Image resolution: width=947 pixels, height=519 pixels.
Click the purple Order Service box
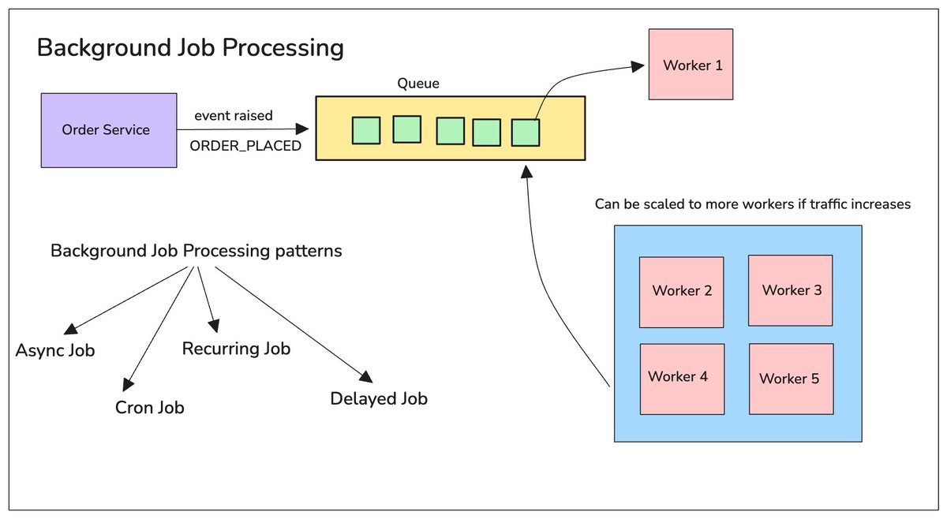click(x=109, y=130)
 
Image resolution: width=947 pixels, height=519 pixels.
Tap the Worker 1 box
click(x=691, y=64)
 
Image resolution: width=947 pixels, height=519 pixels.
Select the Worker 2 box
click(x=682, y=292)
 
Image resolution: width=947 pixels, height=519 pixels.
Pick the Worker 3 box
click(x=791, y=290)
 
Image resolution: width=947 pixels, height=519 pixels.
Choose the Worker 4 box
click(x=683, y=379)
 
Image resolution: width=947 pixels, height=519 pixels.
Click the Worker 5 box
click(x=792, y=379)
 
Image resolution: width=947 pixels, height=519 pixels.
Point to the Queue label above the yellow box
click(x=418, y=84)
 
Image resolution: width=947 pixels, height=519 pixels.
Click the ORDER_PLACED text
click(x=245, y=146)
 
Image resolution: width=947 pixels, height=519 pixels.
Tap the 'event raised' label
click(x=234, y=115)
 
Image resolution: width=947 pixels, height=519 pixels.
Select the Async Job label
click(x=55, y=350)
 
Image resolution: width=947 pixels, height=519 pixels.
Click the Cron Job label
click(x=150, y=408)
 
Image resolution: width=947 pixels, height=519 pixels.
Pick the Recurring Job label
click(x=236, y=349)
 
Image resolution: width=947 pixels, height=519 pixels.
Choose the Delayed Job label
click(x=379, y=398)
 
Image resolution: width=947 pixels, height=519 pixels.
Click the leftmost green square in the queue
click(x=366, y=131)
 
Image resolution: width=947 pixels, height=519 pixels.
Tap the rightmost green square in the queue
click(x=526, y=133)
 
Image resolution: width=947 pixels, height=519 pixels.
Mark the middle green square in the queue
click(x=451, y=131)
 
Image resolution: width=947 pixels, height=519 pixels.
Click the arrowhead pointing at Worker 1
click(x=638, y=66)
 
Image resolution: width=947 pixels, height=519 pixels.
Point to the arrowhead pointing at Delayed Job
click(x=366, y=376)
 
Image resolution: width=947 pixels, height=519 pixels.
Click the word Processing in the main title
click(x=283, y=48)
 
